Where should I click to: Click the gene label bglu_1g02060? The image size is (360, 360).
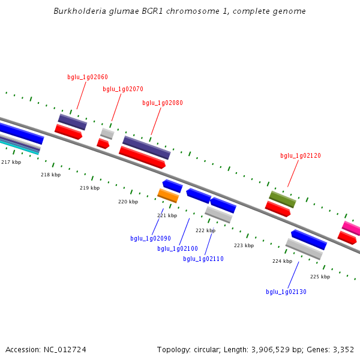pyautogui.click(x=88, y=77)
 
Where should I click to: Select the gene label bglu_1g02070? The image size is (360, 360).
pyautogui.click(x=123, y=89)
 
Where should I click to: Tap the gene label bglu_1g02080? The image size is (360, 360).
pyautogui.click(x=163, y=103)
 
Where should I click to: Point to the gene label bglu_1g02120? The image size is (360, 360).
pyautogui.click(x=301, y=155)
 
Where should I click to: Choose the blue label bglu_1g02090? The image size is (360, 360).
pyautogui.click(x=151, y=238)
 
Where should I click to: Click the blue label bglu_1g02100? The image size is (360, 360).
pyautogui.click(x=178, y=248)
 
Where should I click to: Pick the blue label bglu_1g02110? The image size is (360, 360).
pyautogui.click(x=203, y=259)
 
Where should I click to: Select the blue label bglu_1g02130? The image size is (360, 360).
pyautogui.click(x=286, y=292)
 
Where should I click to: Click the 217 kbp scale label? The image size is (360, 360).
pyautogui.click(x=11, y=162)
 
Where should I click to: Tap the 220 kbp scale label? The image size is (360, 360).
pyautogui.click(x=128, y=202)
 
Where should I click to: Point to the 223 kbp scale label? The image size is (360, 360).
pyautogui.click(x=244, y=245)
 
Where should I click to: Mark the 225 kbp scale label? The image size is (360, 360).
pyautogui.click(x=320, y=277)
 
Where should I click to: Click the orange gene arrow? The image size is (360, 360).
pyautogui.click(x=168, y=196)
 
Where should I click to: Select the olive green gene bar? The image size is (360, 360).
pyautogui.click(x=282, y=199)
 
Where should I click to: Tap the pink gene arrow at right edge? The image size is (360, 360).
pyautogui.click(x=352, y=228)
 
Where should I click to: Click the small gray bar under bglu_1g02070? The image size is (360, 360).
pyautogui.click(x=107, y=133)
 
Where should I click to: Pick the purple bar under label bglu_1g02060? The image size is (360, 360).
pyautogui.click(x=73, y=122)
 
